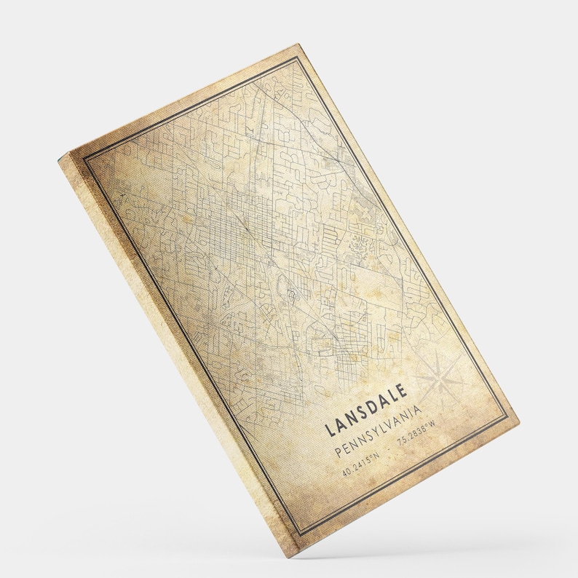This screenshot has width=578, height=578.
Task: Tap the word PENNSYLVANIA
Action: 376,434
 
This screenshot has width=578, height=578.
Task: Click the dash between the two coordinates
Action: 389,449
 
